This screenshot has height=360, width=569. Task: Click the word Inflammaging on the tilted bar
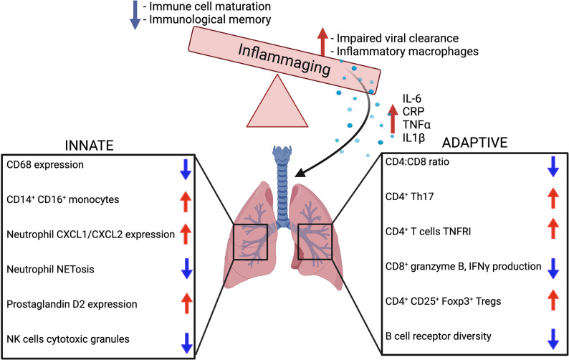tap(284, 60)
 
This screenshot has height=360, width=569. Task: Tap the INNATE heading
tap(90, 146)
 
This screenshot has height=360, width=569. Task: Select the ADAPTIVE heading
tap(474, 143)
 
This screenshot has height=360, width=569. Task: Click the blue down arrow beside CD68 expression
tap(186, 169)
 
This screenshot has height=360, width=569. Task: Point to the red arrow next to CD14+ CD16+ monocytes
tap(186, 202)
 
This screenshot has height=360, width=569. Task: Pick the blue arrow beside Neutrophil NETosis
tap(186, 268)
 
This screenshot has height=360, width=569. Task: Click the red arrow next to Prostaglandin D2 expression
tap(186, 303)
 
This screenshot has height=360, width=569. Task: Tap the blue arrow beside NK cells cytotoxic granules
tap(186, 343)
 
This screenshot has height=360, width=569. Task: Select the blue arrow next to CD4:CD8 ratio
tap(553, 166)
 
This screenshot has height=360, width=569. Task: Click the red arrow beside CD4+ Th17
tap(553, 198)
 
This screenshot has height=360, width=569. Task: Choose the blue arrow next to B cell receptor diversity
tap(553, 339)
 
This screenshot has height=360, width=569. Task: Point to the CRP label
tap(413, 111)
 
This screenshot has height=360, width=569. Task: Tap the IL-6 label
tap(412, 98)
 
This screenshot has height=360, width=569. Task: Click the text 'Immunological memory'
tap(210, 19)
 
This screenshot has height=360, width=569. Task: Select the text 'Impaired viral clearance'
tap(398, 38)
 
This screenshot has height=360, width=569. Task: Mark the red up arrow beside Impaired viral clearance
tap(322, 42)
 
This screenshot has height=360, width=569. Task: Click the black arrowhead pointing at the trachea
tap(300, 173)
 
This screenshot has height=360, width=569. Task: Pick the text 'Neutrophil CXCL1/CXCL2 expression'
tap(91, 235)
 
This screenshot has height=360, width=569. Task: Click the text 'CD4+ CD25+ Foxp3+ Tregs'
tap(443, 301)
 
